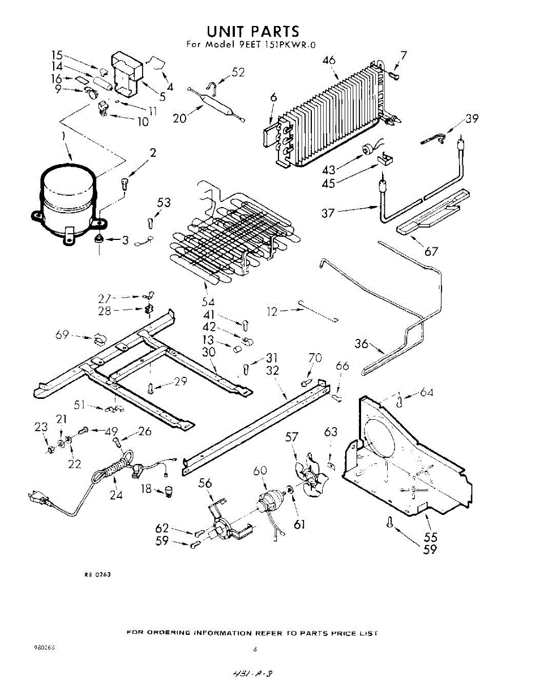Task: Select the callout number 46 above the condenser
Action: (329, 61)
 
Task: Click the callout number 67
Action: (431, 251)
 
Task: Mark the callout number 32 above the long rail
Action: (273, 371)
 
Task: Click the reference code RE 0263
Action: (97, 574)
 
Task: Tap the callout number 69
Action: (62, 335)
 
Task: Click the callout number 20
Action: (180, 118)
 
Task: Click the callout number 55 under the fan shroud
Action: (431, 536)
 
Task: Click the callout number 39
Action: (471, 118)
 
